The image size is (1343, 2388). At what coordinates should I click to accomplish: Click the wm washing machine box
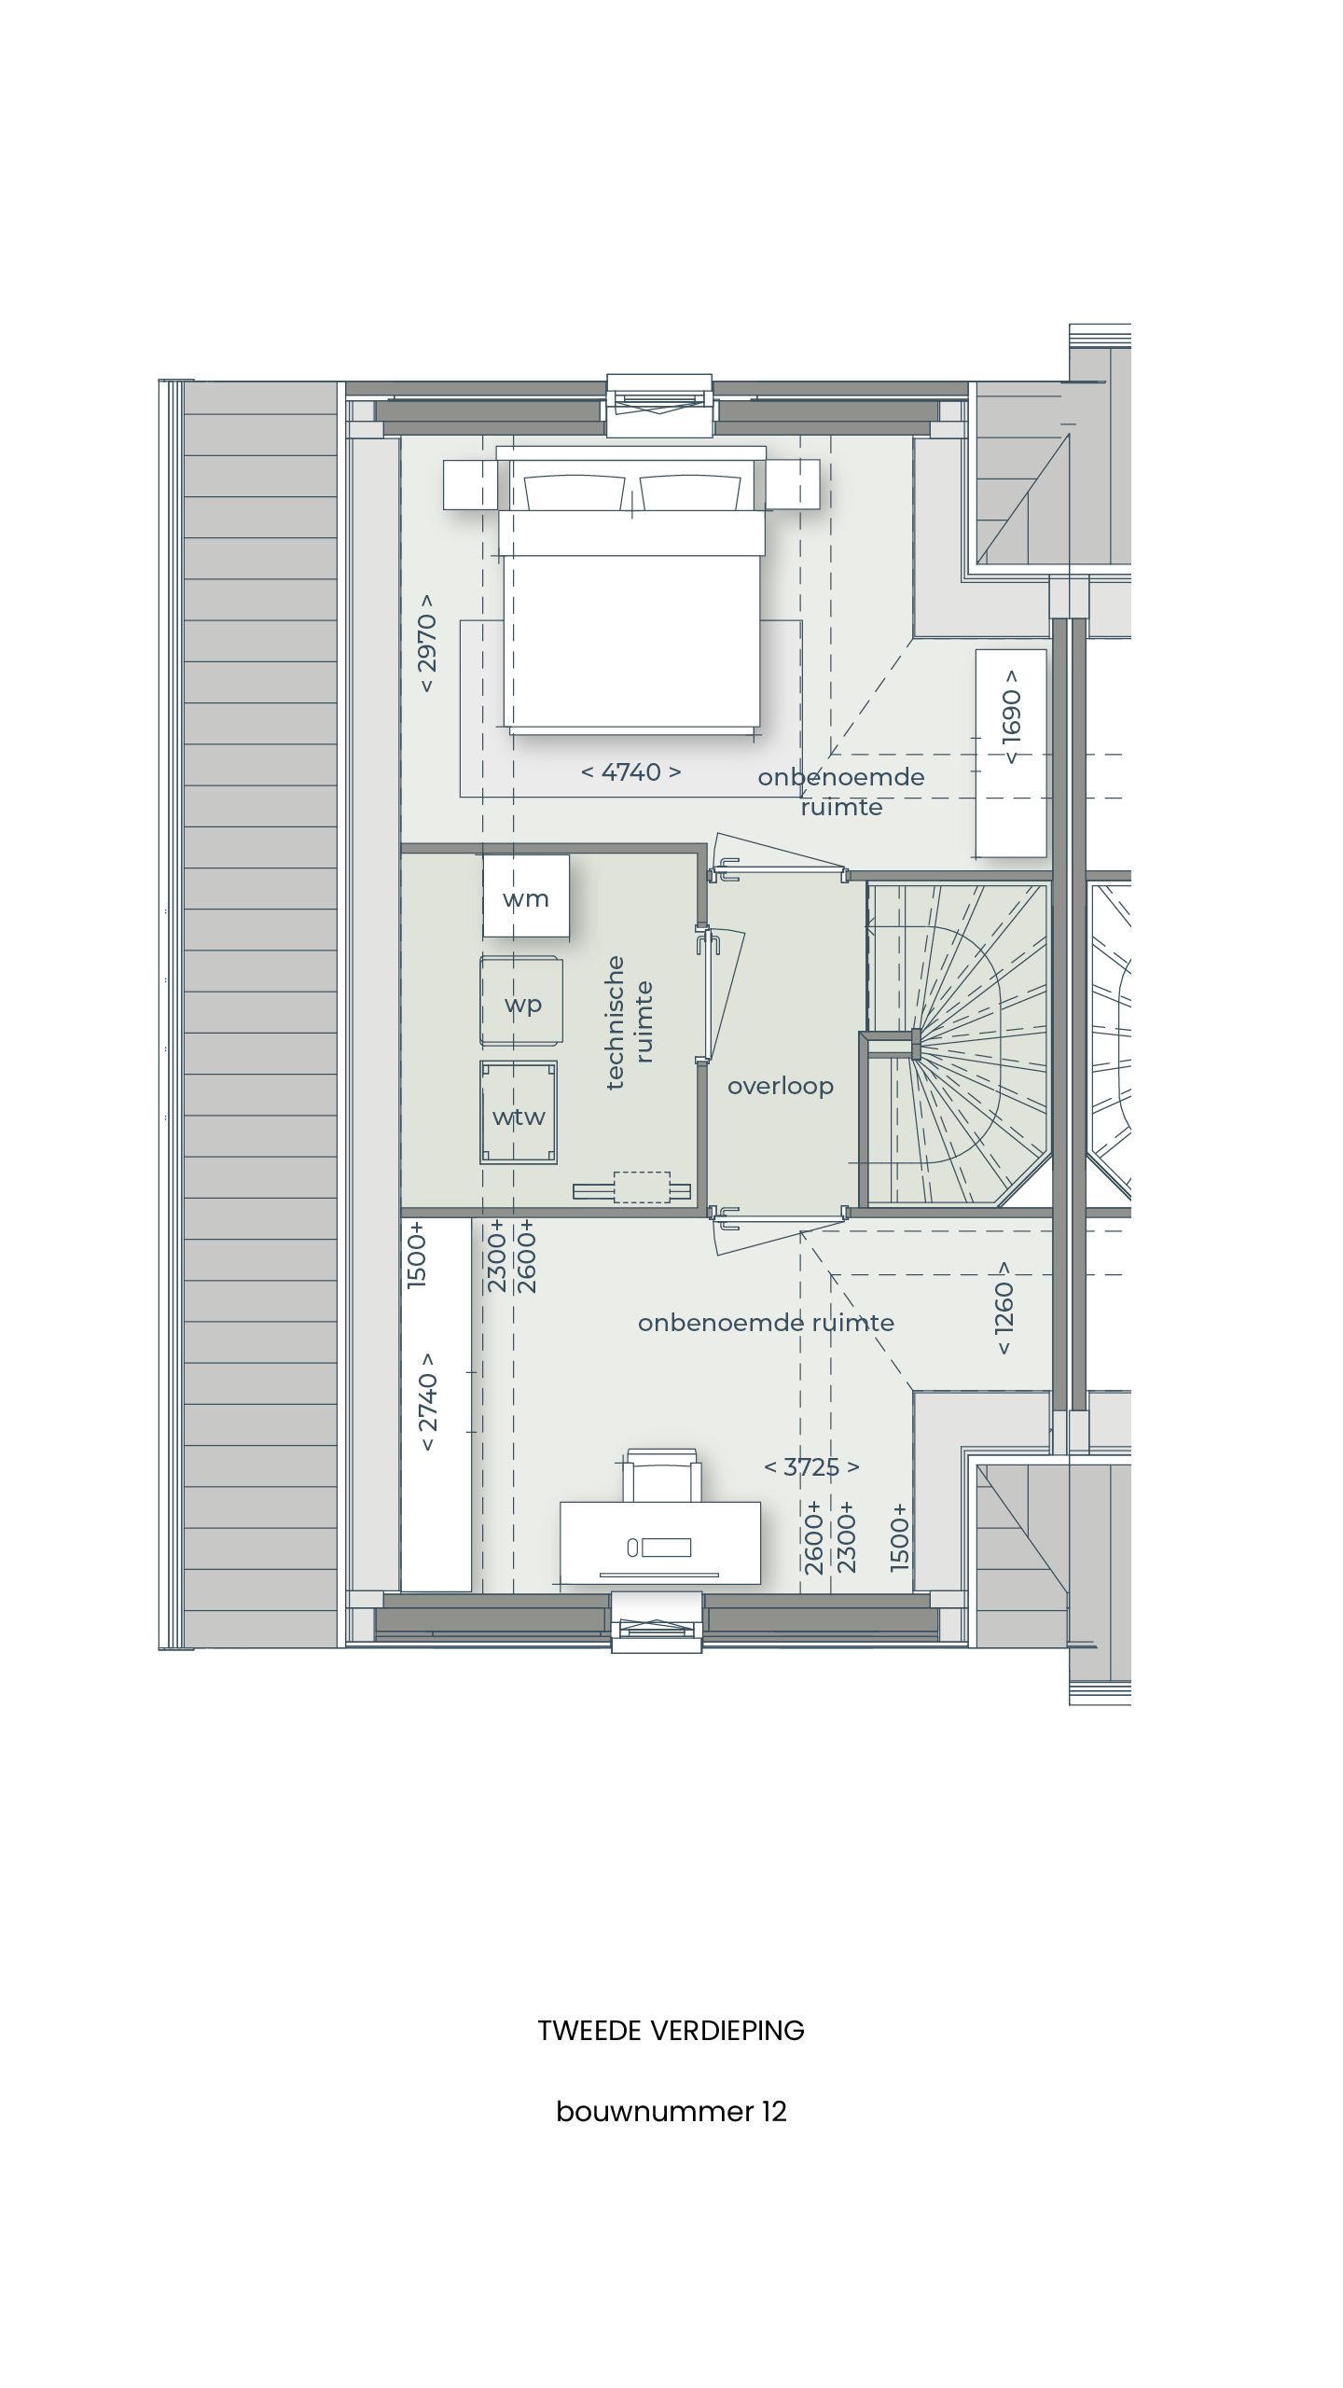[x=526, y=897]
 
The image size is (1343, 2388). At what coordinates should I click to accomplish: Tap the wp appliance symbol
[x=522, y=1002]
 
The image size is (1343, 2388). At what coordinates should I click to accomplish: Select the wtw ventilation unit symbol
[x=519, y=1113]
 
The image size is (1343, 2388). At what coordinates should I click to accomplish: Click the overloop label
[x=780, y=1086]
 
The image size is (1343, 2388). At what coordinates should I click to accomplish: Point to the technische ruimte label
[x=629, y=1022]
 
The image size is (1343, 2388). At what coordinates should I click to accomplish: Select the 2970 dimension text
[x=427, y=642]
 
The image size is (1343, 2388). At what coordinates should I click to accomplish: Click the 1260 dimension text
[x=1004, y=1308]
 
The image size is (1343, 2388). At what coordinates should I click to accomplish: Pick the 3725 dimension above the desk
[x=811, y=1466]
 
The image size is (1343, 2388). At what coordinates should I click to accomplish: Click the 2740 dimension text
[x=427, y=1401]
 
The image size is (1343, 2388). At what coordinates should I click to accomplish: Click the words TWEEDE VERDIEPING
[x=671, y=2031]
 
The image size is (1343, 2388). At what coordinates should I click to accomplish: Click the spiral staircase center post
[x=916, y=1043]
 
